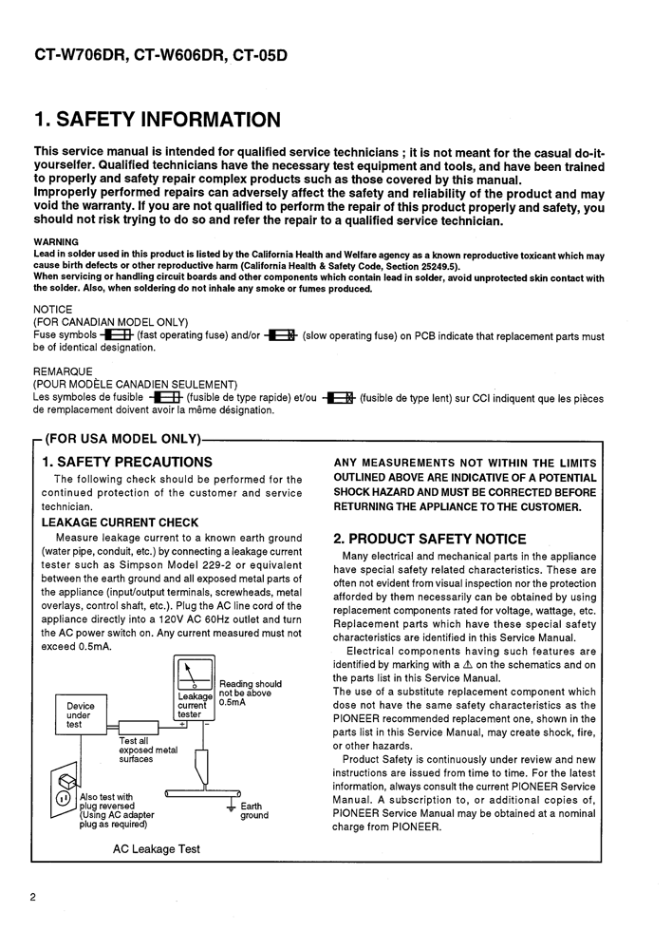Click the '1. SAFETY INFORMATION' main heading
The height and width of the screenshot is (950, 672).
(x=157, y=121)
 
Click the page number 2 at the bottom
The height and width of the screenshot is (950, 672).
(x=33, y=897)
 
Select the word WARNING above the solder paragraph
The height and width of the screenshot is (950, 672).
(x=56, y=242)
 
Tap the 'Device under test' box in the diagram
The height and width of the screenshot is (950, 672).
(x=81, y=715)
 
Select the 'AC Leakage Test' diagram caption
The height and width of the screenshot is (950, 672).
(x=157, y=848)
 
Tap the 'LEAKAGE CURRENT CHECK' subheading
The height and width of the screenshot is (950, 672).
(x=121, y=522)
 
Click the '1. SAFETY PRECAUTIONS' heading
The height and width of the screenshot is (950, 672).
(x=127, y=462)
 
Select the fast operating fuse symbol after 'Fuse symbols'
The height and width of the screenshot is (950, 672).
(x=116, y=335)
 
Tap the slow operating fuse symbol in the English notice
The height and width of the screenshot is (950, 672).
(x=281, y=335)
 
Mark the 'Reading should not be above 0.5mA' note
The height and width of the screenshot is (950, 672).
(x=250, y=693)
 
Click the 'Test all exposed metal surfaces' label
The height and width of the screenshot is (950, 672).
(x=148, y=750)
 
